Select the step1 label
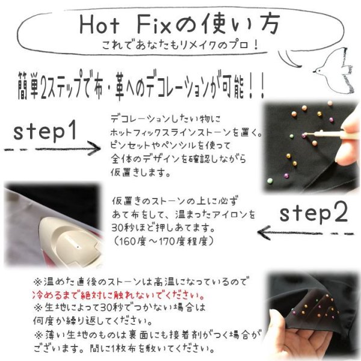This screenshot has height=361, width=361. [x=46, y=130]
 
